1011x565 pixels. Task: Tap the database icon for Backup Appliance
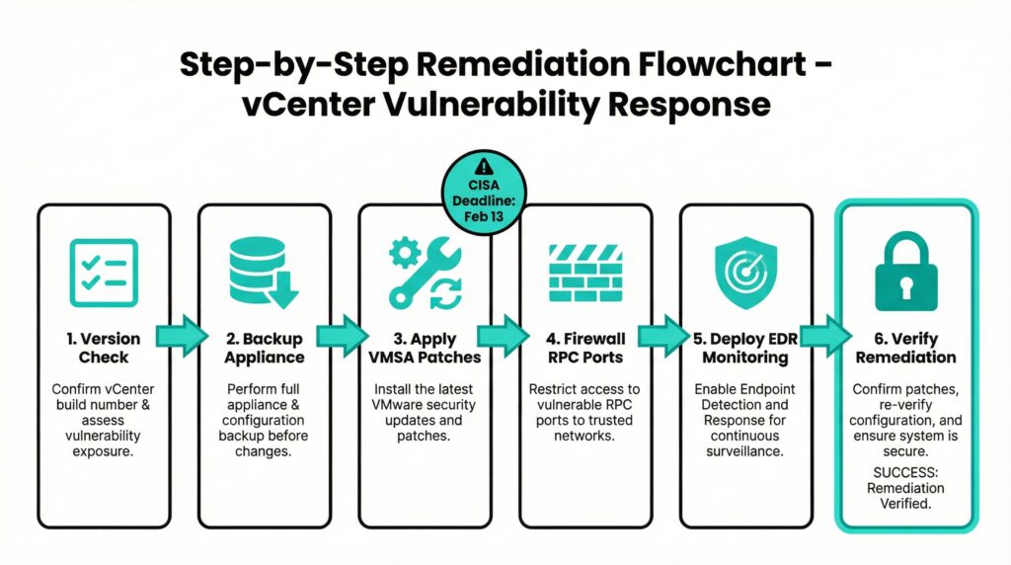coord(263,270)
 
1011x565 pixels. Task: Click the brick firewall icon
coord(584,270)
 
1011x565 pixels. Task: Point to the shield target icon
coord(745,271)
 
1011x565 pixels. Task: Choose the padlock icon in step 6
coord(905,271)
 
